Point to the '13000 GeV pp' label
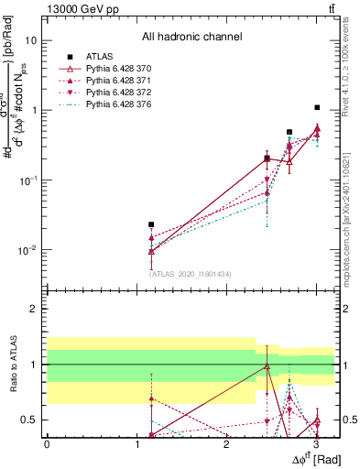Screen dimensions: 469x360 [x=79, y=8]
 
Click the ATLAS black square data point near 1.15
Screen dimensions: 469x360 [x=151, y=224]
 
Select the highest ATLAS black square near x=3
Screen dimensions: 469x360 [x=317, y=107]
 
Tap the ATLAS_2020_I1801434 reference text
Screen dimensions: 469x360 [x=189, y=273]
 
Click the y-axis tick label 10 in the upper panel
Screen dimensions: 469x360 [x=30, y=40]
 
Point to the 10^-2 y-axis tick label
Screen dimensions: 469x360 [x=27, y=250]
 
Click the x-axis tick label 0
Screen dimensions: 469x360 [x=47, y=446]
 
